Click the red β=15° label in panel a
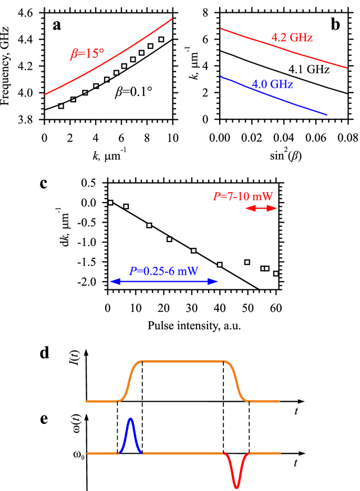(x=84, y=53)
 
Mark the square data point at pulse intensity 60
(x=275, y=274)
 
